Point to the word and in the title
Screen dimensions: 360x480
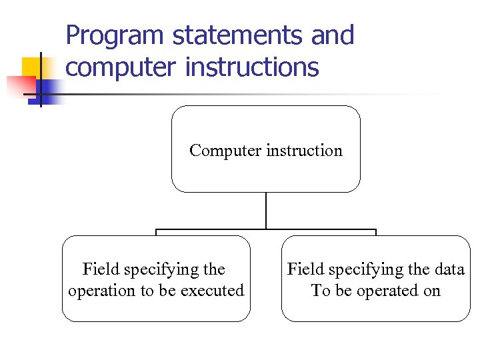332,35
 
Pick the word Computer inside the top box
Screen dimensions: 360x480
225,151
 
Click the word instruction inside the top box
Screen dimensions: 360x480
304,151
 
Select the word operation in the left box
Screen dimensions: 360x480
101,291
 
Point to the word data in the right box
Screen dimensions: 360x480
449,269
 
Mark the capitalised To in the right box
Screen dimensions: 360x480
320,291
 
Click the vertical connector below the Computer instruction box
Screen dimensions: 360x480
266,211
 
